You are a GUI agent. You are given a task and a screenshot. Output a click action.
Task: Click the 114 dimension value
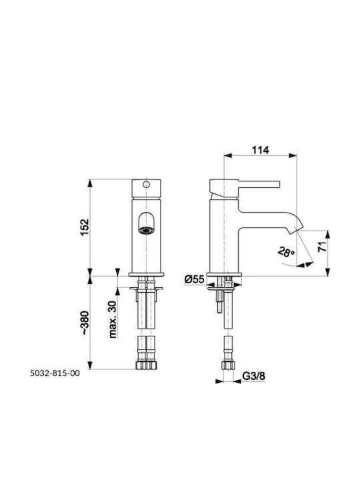[260, 150]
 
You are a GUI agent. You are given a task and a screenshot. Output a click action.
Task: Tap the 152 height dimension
[84, 227]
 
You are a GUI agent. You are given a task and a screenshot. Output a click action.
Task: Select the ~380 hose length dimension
[85, 323]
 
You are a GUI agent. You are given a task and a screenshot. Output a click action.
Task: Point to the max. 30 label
[113, 319]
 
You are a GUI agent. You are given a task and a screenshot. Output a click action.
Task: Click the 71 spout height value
[321, 247]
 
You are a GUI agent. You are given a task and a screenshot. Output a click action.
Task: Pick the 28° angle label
[286, 252]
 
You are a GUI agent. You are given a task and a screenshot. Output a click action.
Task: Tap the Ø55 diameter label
[195, 279]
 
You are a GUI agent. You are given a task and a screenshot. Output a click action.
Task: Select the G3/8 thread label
[254, 375]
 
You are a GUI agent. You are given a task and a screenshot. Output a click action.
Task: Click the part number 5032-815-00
[55, 373]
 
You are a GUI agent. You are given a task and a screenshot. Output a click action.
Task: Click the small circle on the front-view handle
[146, 184]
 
